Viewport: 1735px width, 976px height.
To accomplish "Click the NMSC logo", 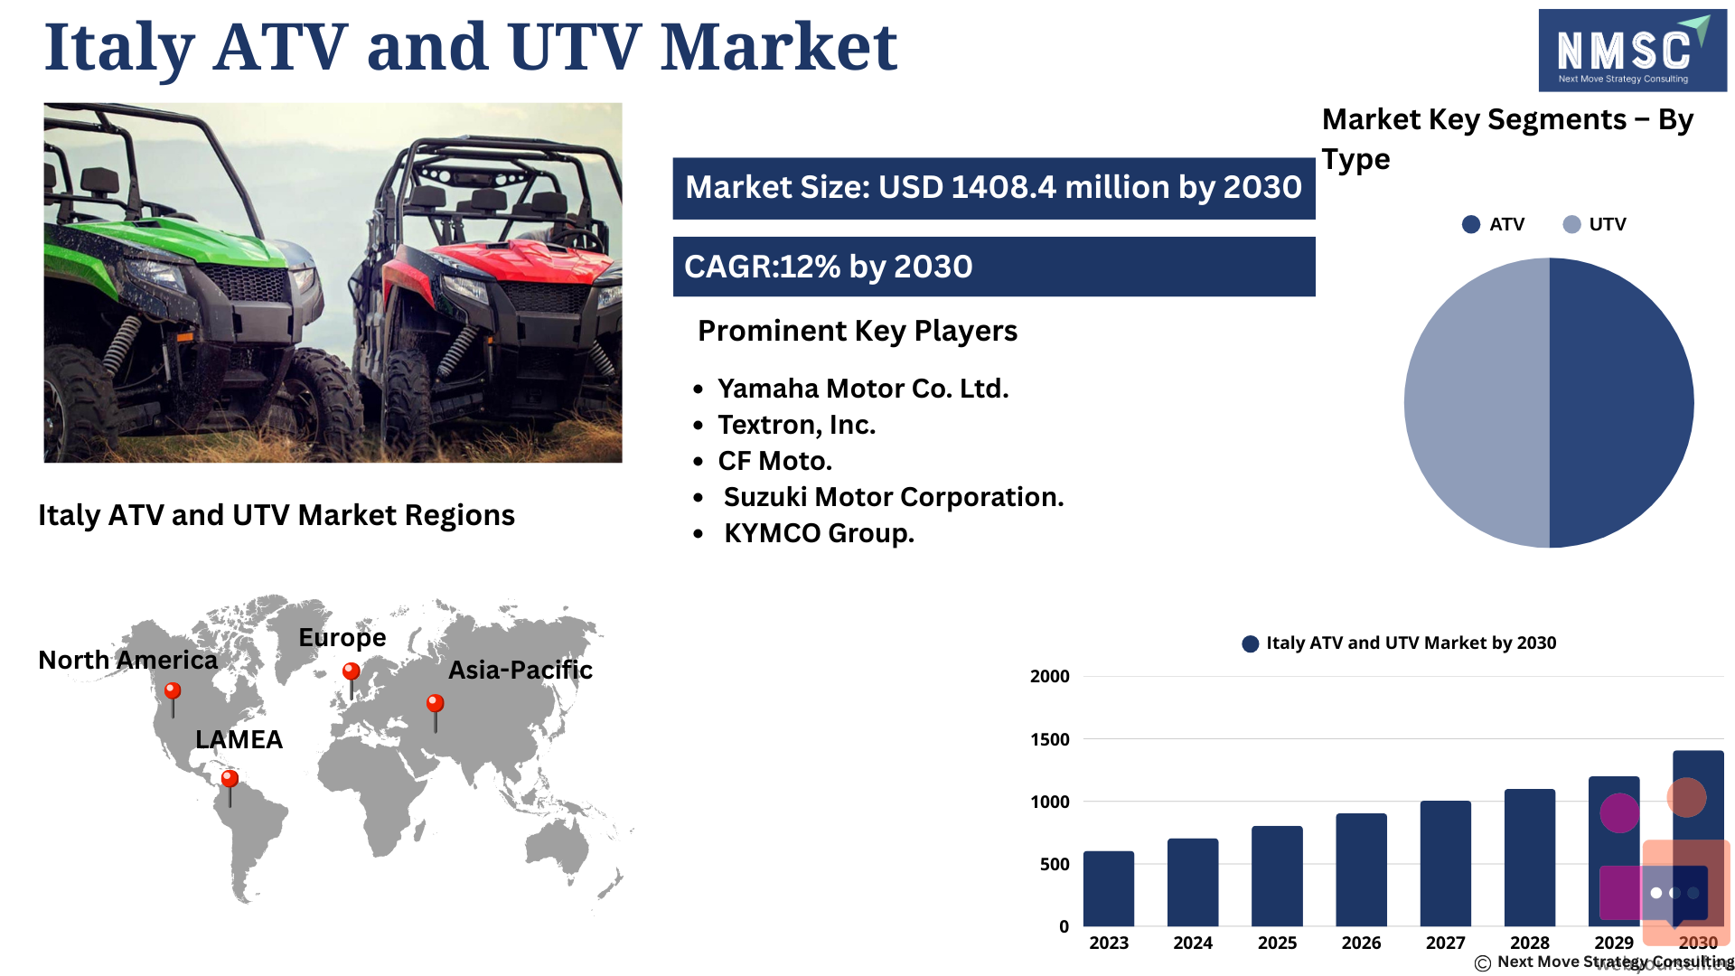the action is [1632, 51].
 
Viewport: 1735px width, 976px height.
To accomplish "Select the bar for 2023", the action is [1109, 888].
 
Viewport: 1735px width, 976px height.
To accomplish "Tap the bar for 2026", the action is [1361, 869].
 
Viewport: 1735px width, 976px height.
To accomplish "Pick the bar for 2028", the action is [1530, 858].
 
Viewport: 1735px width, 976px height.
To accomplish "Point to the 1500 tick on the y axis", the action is [1050, 739].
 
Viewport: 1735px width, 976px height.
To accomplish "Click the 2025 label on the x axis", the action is [1277, 943].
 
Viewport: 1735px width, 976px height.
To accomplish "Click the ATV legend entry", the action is [1493, 224].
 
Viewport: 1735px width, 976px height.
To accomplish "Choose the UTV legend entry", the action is [1594, 224].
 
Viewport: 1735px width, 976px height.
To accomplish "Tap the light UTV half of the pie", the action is [1477, 403].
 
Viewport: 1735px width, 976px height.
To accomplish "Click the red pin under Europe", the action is [352, 680].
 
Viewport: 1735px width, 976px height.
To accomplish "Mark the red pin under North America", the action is [172, 699].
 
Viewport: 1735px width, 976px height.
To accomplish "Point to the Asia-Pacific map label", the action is [520, 670].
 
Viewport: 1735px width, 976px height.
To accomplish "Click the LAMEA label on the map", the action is [239, 739].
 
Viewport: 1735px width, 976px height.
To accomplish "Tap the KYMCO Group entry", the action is [819, 533].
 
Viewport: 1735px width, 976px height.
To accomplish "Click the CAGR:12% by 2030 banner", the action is [994, 267].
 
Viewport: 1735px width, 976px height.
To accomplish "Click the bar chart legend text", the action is [1411, 643].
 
